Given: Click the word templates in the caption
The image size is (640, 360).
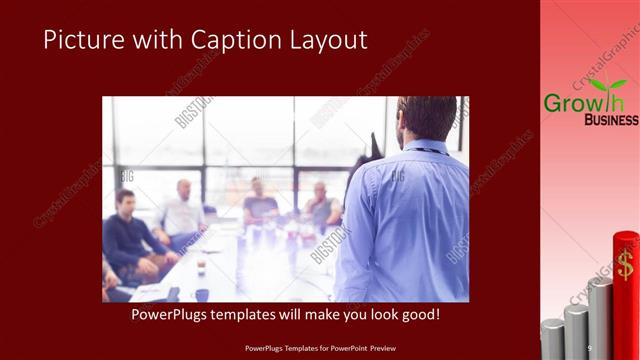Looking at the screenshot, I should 249,315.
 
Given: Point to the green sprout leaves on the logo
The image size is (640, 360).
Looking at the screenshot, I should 606,85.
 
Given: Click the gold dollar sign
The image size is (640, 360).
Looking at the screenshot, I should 626,266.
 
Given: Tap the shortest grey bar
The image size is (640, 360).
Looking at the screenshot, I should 553,341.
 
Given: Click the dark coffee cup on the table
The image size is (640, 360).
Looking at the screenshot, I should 201,295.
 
